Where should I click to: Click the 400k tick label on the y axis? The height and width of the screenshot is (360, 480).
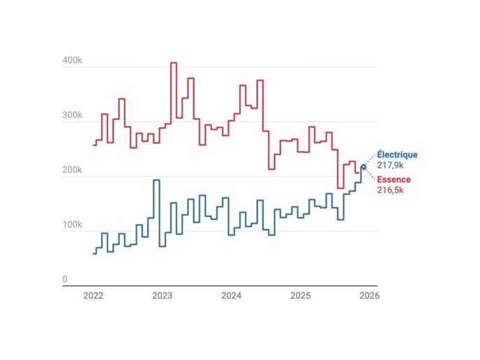point(72,61)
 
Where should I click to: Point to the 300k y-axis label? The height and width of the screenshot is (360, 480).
point(72,116)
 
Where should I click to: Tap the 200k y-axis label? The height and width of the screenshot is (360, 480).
point(72,171)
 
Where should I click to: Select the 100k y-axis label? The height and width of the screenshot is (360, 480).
point(72,225)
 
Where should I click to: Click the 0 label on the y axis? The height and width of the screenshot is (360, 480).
point(65,280)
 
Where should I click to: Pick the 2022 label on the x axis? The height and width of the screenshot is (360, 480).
point(93,296)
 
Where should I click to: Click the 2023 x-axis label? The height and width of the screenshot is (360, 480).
point(162,296)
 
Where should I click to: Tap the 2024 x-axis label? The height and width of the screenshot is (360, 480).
point(231,296)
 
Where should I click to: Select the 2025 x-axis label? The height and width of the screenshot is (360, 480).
point(300,296)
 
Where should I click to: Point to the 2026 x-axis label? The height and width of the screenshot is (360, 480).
point(368,296)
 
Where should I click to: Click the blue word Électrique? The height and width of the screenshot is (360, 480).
point(397,154)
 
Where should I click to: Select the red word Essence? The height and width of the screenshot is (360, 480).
point(394,179)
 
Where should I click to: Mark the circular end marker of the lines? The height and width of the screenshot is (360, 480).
point(363,167)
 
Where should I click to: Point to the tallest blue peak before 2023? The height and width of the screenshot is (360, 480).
point(156,181)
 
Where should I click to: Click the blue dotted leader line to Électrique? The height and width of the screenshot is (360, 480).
point(370,159)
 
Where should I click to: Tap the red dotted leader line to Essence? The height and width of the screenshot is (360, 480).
point(370,174)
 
